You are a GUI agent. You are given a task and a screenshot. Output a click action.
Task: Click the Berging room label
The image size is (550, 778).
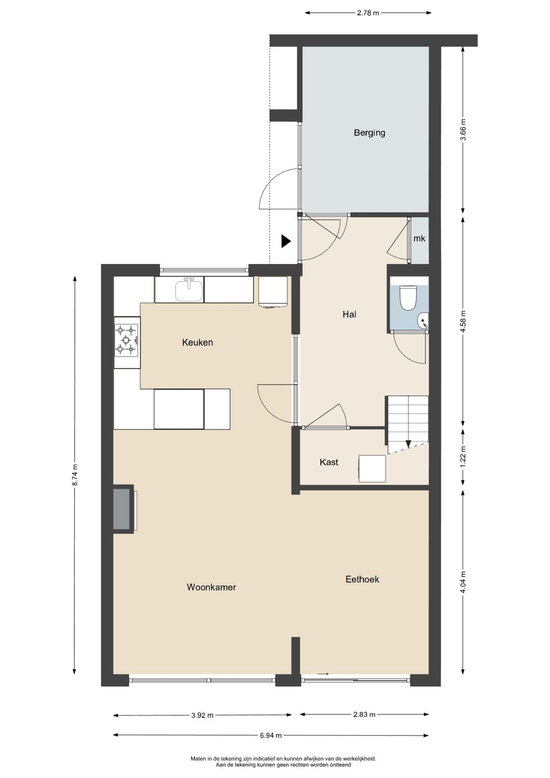click(x=369, y=132)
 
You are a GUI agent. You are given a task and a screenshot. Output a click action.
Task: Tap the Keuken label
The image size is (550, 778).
click(x=197, y=342)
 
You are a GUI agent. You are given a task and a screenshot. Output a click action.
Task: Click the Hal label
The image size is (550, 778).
click(x=349, y=314)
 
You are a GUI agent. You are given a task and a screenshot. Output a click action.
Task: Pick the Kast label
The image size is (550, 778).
click(x=329, y=462)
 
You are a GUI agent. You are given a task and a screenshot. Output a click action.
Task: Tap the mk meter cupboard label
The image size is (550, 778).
click(x=419, y=238)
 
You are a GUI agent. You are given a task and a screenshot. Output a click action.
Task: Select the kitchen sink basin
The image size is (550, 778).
click(x=189, y=291)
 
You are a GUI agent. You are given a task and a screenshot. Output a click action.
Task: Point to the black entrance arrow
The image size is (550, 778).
click(x=286, y=242)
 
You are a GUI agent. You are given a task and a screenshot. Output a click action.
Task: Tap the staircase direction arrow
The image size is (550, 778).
click(x=408, y=444)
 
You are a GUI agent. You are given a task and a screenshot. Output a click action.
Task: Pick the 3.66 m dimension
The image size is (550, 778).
click(x=463, y=129)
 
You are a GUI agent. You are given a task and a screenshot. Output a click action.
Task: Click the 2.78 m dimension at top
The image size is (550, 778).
click(x=368, y=13)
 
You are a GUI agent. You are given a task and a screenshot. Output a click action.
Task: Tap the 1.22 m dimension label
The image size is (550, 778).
click(x=463, y=457)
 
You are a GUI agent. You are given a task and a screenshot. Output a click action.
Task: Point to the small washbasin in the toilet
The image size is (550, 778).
click(x=424, y=320)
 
